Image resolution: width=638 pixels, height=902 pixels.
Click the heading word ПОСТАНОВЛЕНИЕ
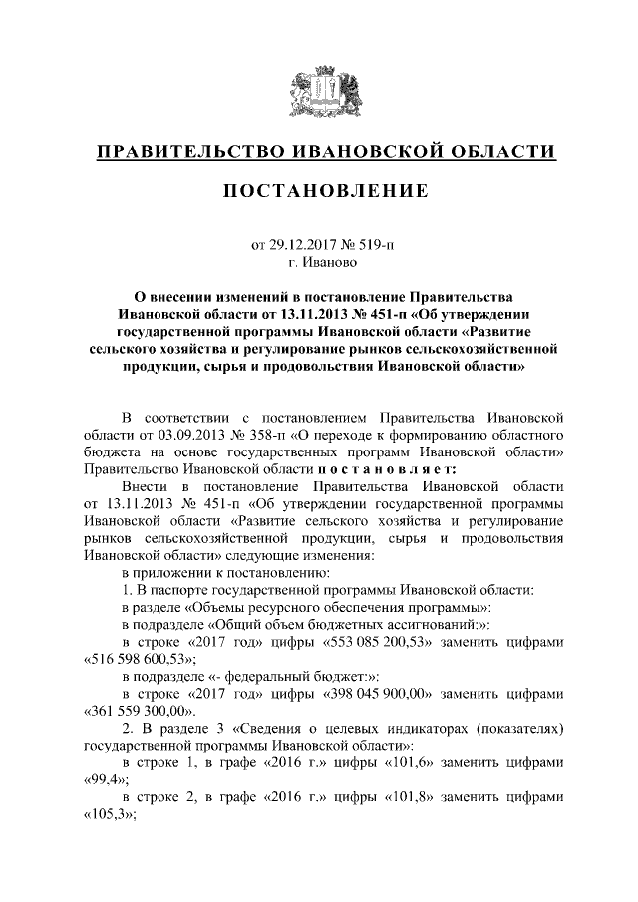pos(319,189)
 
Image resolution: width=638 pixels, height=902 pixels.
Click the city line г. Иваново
pos(319,263)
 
